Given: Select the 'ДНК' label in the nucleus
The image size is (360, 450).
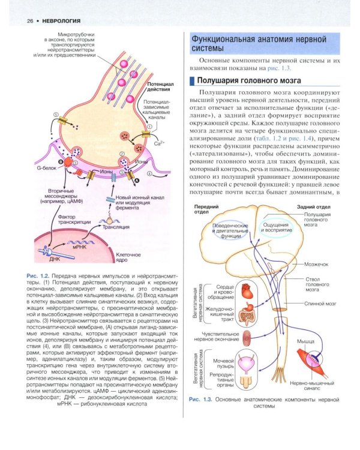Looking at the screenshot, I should coord(55,259).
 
